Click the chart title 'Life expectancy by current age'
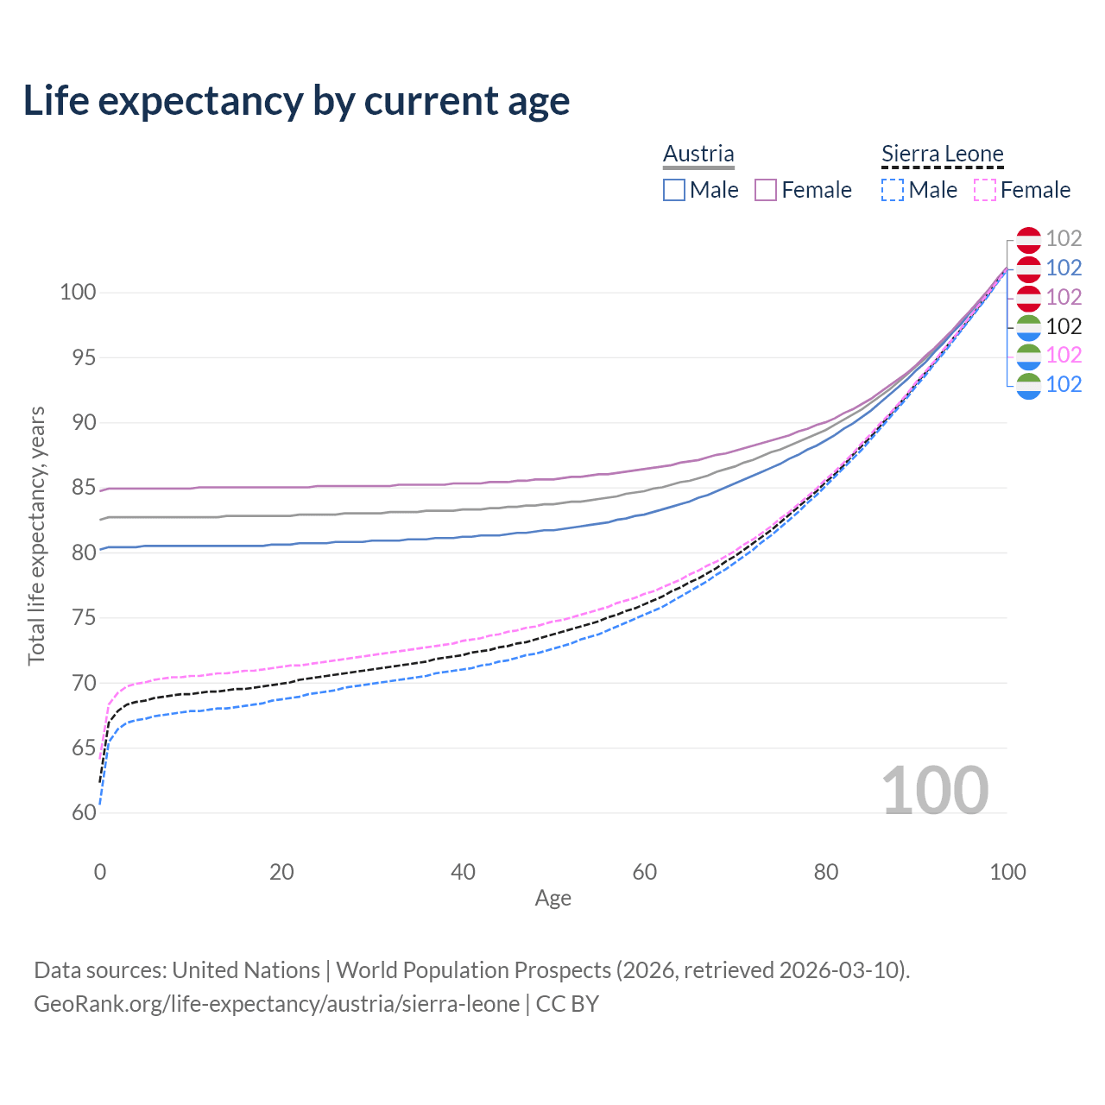tap(296, 101)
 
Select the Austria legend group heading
tap(698, 154)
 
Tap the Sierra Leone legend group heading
tap(942, 154)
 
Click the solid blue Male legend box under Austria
tap(674, 190)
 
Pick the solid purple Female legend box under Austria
tap(766, 190)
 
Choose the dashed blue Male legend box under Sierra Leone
tap(893, 190)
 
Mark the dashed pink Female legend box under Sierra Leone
tap(984, 190)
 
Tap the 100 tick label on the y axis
tap(78, 292)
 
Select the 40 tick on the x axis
tap(463, 872)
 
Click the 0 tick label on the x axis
tap(100, 872)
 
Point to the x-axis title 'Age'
tap(552, 898)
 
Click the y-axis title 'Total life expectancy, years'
tap(36, 535)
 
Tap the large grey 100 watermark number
tap(934, 791)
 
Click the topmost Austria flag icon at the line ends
tap(1028, 239)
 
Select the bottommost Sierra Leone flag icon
tap(1028, 385)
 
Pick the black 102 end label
tap(1064, 326)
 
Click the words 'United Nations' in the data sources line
tap(246, 970)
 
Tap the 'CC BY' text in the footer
tap(567, 1004)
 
